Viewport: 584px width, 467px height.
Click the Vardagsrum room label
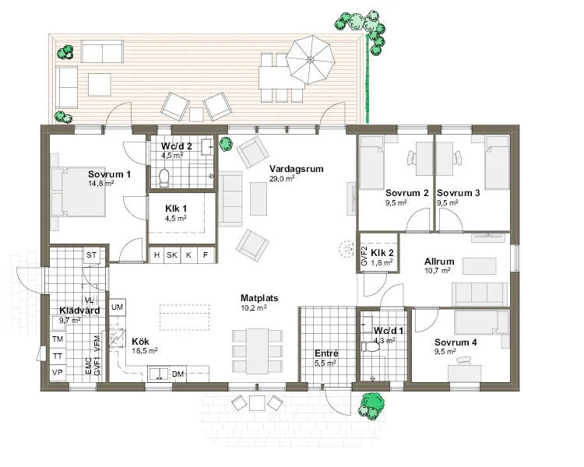coord(297,169)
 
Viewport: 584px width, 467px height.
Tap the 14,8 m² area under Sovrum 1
coord(101,183)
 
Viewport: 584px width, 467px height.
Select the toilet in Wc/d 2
coord(164,177)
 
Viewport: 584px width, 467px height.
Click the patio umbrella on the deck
coord(310,60)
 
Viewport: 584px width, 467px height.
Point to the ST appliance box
coord(92,255)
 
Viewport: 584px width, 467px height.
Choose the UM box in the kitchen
coord(118,307)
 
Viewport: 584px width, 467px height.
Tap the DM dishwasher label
coord(178,374)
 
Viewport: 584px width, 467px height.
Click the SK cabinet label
coord(172,255)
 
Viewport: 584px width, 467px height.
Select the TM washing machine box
coord(58,339)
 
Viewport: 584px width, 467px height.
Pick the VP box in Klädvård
coord(58,372)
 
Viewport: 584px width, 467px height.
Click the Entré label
coord(326,353)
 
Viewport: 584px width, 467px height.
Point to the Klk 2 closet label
coord(382,253)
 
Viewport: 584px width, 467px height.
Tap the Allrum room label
coord(439,262)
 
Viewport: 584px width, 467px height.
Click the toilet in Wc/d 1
coord(371,347)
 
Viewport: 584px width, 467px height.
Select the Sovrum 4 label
coord(456,342)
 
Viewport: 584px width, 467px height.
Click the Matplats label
coord(259,298)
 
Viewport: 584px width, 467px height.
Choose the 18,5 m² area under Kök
coord(145,350)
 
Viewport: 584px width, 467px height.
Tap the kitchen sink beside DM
coord(159,374)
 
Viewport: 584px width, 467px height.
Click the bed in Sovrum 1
coord(79,191)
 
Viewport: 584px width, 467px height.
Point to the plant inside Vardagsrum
coord(226,144)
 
